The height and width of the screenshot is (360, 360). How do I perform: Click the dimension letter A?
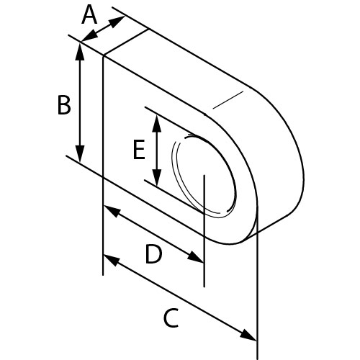tap(89, 15)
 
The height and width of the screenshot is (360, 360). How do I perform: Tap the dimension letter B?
tap(64, 105)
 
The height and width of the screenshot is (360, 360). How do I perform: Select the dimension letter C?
tap(171, 318)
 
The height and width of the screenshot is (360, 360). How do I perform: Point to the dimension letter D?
tap(153, 254)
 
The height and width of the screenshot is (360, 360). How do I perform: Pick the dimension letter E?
tap(139, 150)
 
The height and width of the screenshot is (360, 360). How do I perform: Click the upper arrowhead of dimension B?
tap(80, 51)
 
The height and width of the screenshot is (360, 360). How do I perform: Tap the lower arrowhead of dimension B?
tap(80, 153)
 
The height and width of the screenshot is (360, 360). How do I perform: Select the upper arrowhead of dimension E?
tap(157, 124)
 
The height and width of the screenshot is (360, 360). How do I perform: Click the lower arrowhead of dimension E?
tap(157, 178)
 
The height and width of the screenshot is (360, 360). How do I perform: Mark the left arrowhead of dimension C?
tap(112, 261)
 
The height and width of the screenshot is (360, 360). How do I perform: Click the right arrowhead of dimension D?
tap(195, 256)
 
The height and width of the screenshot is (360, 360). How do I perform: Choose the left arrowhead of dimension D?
tap(112, 211)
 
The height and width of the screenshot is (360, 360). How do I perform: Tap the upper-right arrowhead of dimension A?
tap(117, 21)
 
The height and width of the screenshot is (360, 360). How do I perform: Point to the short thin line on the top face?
tap(228, 100)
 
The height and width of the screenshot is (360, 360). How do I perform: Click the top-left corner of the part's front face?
tap(103, 55)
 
